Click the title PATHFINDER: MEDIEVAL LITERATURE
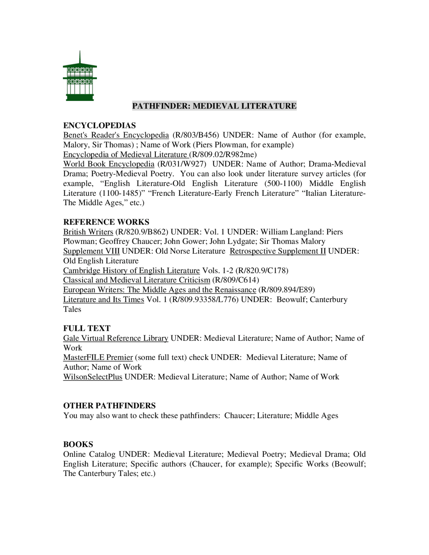coord(214,106)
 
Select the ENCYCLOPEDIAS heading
coord(100,125)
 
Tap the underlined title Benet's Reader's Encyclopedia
coord(116,135)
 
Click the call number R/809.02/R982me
coord(224,155)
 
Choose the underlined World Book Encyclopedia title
coord(109,164)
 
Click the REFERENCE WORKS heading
coord(106,222)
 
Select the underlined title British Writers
coord(88,232)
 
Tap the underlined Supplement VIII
coord(91,251)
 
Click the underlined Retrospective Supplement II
coord(278,251)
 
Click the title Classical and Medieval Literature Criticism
coord(136,280)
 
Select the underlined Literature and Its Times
coord(104,300)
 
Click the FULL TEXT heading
coord(87,328)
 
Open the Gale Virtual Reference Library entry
coord(116,338)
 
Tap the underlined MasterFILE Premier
coord(98,358)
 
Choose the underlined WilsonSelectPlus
coord(93,377)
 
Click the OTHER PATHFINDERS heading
coord(109,406)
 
